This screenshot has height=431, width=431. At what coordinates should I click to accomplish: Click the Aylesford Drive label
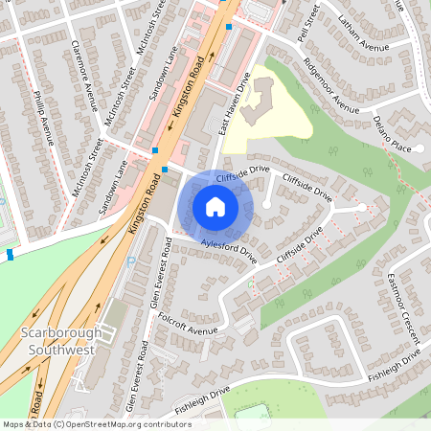pyautogui.click(x=230, y=252)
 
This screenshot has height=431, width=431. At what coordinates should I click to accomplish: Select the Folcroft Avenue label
pyautogui.click(x=190, y=323)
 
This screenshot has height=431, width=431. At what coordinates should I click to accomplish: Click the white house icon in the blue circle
pyautogui.click(x=215, y=207)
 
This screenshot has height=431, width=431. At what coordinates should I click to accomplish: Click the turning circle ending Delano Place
pyautogui.click(x=419, y=148)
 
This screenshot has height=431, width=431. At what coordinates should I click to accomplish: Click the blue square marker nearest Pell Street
pyautogui.click(x=228, y=28)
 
